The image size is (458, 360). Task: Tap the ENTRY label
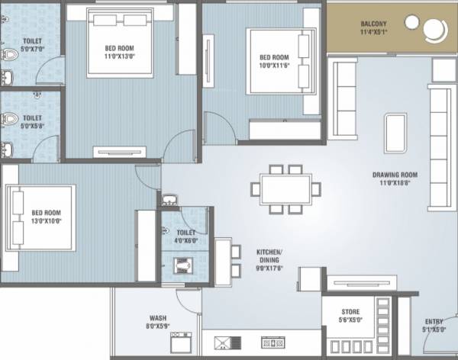[x=433, y=322]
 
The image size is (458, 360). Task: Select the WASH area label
[x=158, y=318]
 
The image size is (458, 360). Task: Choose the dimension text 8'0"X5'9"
[x=159, y=326]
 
